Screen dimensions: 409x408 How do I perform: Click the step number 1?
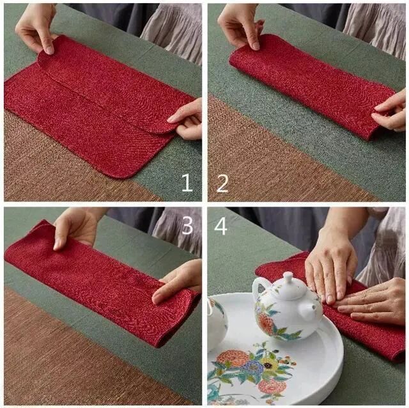coord(187,183)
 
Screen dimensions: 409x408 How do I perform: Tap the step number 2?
coord(222,184)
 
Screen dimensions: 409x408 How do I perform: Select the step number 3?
coord(187,225)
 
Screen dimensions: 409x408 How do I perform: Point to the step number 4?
coord(220,226)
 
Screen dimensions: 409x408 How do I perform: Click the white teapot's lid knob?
coord(288,278)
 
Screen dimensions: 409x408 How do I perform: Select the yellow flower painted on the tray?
coord(268,363)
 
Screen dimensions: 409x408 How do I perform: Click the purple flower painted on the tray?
coord(251,367)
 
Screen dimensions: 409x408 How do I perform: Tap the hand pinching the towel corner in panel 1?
coord(36,28)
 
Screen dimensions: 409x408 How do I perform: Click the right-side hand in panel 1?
coord(186,120)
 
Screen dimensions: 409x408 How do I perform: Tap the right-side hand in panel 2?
coord(390,111)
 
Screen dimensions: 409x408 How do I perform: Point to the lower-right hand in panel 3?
coord(178,282)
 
